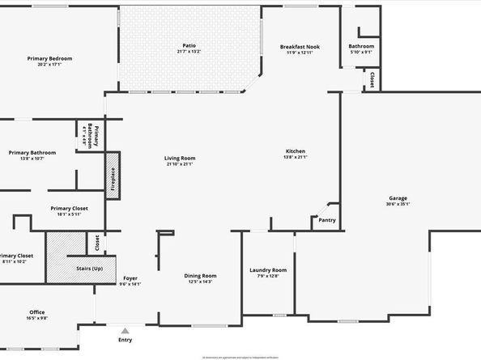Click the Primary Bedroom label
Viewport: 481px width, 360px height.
point(49,58)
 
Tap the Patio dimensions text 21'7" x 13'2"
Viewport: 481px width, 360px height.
point(189,52)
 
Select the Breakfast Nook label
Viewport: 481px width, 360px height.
point(300,47)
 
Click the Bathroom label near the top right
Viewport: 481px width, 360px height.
point(361,46)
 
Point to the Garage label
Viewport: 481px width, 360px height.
point(398,198)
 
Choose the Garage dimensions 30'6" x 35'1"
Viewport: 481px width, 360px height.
point(398,204)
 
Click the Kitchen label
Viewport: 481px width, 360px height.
point(295,152)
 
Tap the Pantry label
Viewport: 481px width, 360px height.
point(327,219)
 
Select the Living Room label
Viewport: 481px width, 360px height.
point(180,159)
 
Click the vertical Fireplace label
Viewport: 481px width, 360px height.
point(113,177)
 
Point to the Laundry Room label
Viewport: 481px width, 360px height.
point(267,270)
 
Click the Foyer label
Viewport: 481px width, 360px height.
point(130,278)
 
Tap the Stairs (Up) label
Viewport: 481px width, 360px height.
point(90,268)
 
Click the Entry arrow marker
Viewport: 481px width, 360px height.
point(125,330)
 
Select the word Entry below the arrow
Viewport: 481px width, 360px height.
point(125,340)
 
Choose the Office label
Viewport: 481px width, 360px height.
point(37,312)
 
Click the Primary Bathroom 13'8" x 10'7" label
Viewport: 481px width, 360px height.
point(32,153)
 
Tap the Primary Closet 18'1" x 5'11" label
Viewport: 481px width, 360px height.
point(69,208)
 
